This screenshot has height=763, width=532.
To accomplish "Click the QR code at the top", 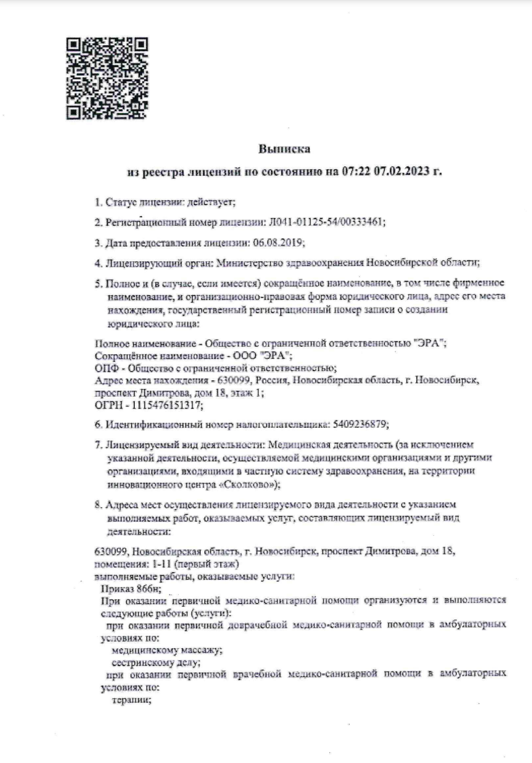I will click(107, 79).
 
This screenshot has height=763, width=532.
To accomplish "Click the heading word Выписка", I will click(284, 148).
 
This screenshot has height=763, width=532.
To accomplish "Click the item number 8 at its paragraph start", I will click(98, 505).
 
